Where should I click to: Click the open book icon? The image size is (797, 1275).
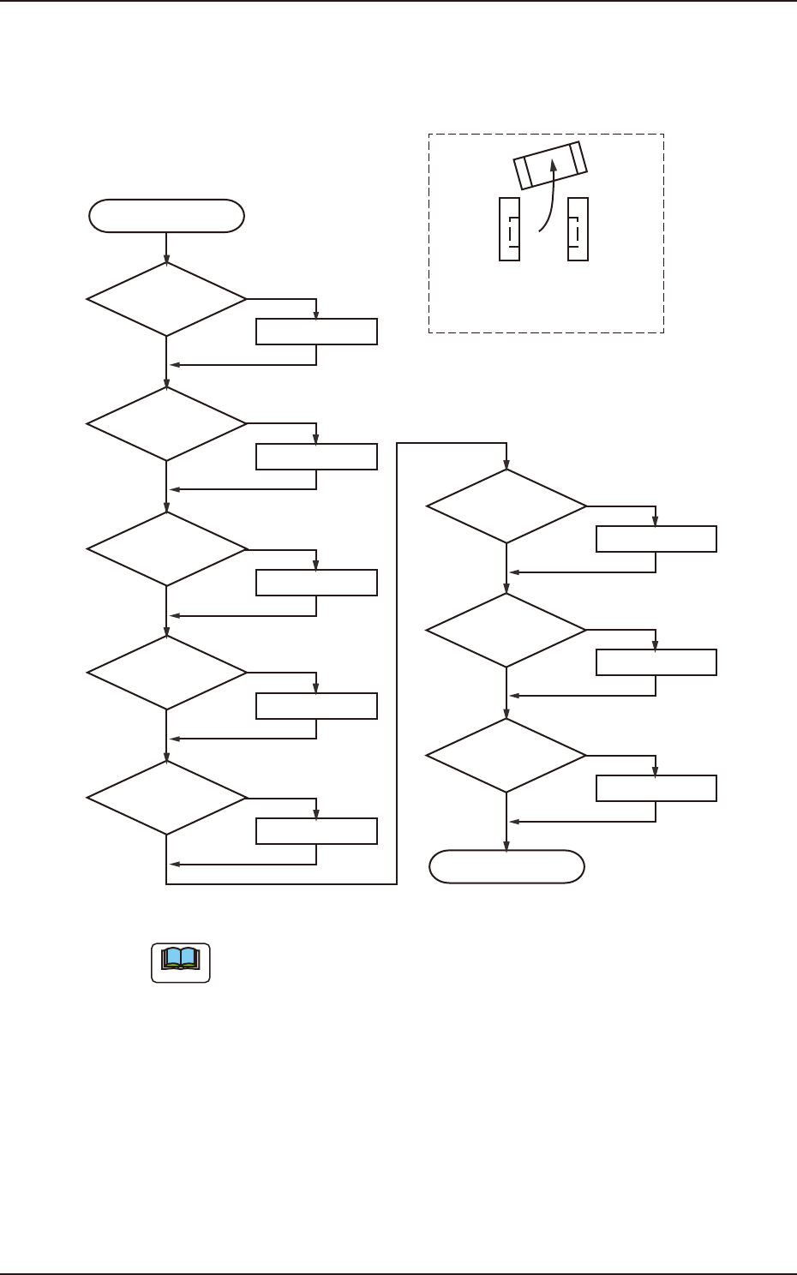[x=181, y=962]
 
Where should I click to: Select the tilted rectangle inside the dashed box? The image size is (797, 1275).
[x=550, y=164]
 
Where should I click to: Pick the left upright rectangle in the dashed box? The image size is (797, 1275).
[x=509, y=229]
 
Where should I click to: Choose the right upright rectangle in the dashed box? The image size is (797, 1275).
[x=578, y=229]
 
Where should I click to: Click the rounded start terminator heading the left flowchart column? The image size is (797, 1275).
[x=166, y=216]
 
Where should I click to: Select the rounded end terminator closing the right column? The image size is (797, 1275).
[x=506, y=867]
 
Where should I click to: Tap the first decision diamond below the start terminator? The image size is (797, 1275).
[x=166, y=299]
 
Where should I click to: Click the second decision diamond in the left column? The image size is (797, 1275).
[x=166, y=423]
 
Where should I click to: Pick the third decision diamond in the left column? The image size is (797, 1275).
[x=166, y=548]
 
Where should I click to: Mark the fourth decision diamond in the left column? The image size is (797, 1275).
[x=166, y=673]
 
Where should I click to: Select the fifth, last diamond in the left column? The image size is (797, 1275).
[x=166, y=798]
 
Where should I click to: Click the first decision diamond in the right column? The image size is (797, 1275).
[x=506, y=506]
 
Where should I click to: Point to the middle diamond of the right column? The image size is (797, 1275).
[x=506, y=631]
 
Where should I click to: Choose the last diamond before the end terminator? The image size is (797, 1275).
[x=506, y=756]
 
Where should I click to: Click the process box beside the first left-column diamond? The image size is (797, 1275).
[x=316, y=332]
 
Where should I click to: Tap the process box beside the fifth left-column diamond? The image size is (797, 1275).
[x=316, y=831]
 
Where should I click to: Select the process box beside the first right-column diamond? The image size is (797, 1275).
[x=656, y=539]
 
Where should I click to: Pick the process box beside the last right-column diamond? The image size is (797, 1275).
[x=656, y=788]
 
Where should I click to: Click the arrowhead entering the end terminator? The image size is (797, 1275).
[x=506, y=846]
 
